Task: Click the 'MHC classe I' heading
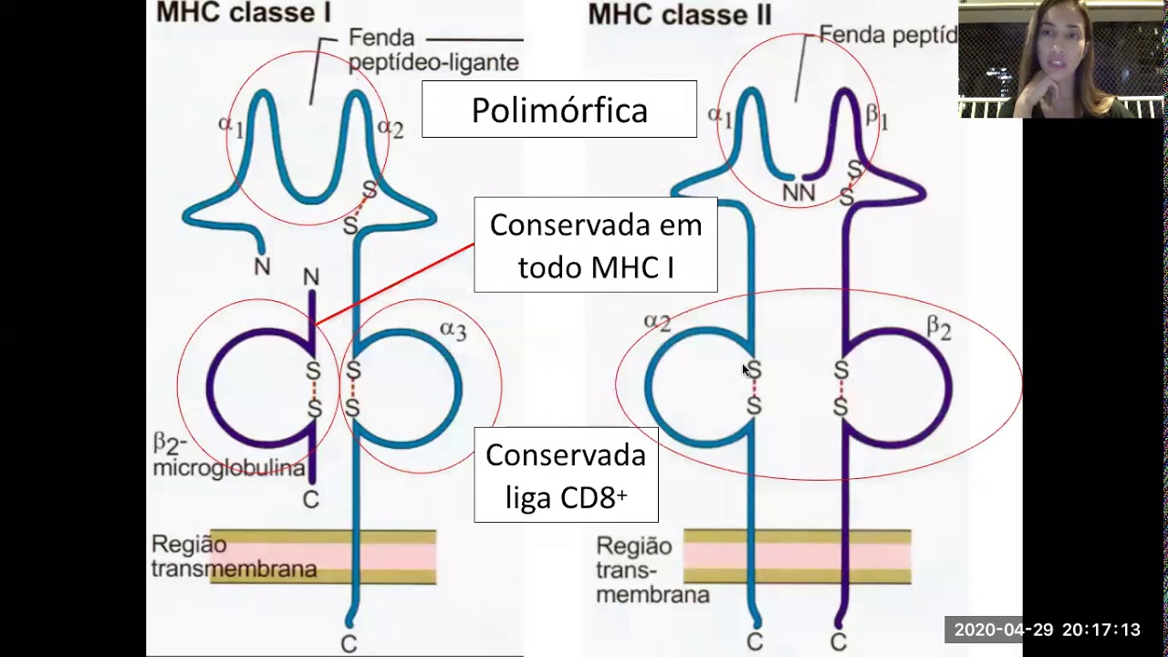tap(243, 12)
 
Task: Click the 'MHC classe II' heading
tap(680, 14)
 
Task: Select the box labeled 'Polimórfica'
tap(558, 109)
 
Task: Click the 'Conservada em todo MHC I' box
tap(595, 245)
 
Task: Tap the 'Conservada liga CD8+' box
tap(566, 475)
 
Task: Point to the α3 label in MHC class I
tap(453, 330)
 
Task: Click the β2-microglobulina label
tap(228, 456)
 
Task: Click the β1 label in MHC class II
tap(876, 116)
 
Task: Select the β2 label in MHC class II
tap(938, 328)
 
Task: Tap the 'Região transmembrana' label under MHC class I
tap(234, 557)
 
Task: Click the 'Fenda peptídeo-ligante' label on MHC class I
tap(433, 50)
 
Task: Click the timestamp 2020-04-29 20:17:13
tap(1047, 630)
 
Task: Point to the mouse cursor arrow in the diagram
tap(746, 370)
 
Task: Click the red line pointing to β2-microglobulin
tap(392, 283)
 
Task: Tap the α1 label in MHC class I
tap(231, 125)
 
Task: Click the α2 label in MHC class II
tap(657, 321)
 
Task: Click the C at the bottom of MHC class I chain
tap(349, 644)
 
